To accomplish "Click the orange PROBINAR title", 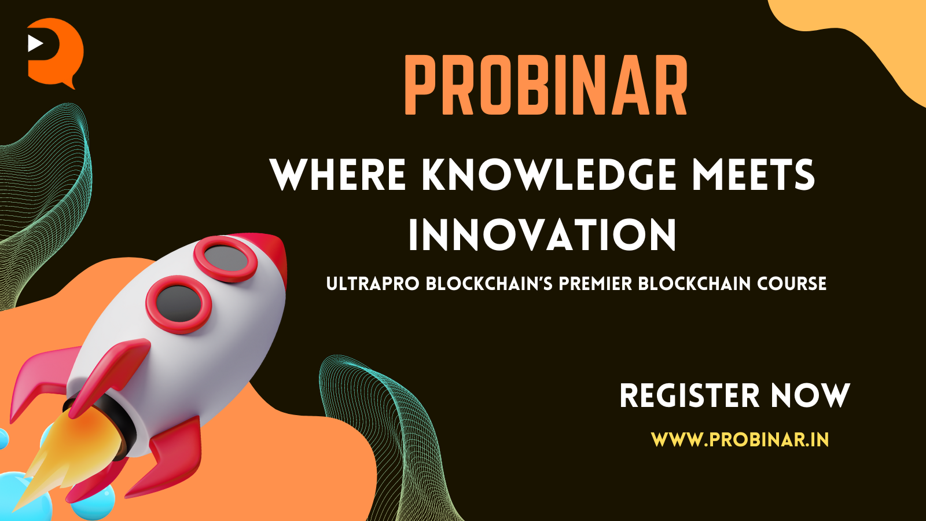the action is (546, 85).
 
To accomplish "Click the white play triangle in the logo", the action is (35, 43).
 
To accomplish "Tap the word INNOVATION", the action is (542, 234).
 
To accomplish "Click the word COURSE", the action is (792, 284).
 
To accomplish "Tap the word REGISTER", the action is (689, 396).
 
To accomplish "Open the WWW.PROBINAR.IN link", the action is (740, 439).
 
